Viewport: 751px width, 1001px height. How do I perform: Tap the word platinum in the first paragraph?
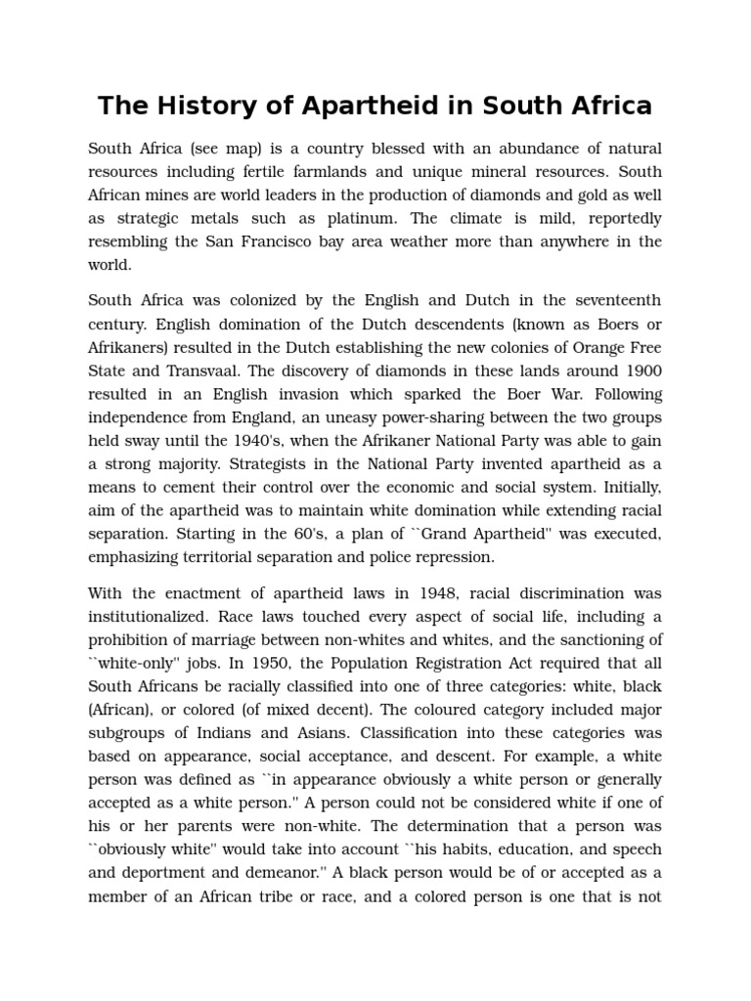[x=385, y=218]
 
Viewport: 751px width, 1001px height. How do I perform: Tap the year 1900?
[x=641, y=370]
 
